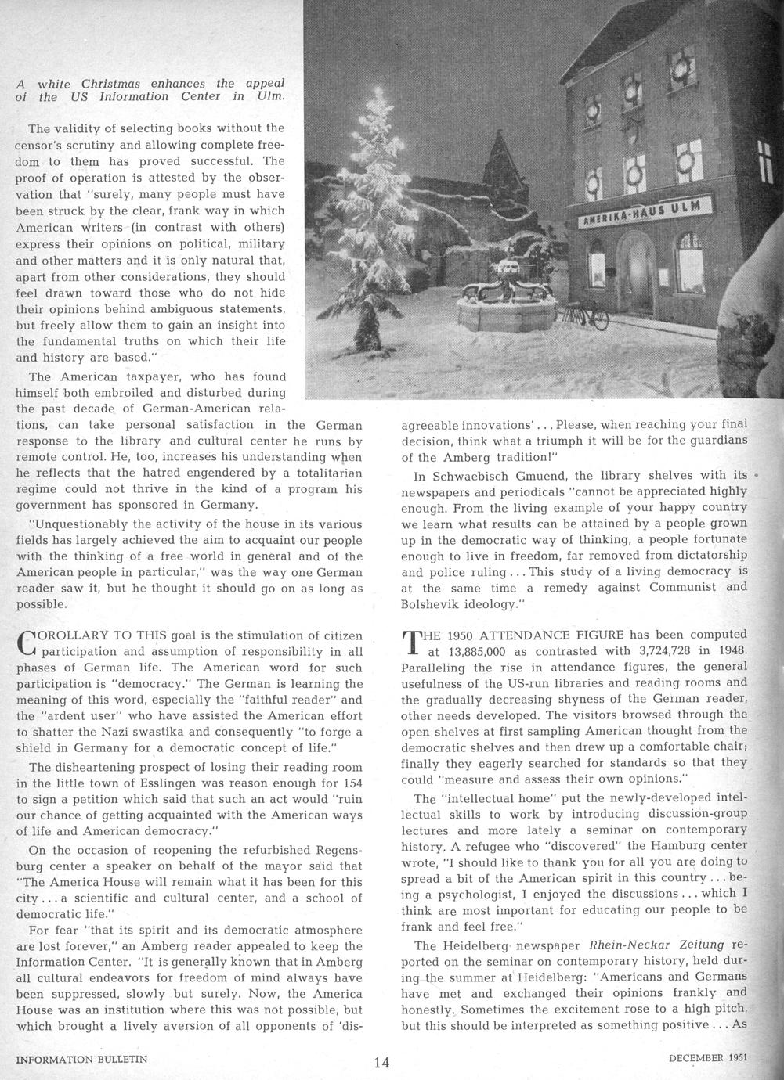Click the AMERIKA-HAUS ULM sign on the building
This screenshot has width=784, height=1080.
[x=644, y=213]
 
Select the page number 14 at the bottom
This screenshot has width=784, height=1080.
[x=381, y=1062]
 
